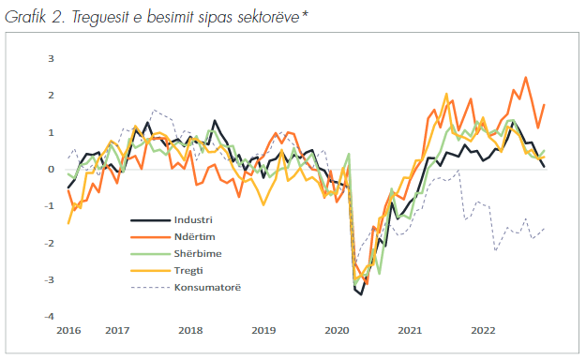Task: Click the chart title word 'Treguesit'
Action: click(108, 12)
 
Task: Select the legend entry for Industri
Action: click(194, 219)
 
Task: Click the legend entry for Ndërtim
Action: click(194, 236)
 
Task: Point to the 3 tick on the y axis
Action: click(52, 59)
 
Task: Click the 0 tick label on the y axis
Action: click(52, 170)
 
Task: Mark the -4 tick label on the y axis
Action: click(50, 317)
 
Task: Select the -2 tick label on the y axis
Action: click(50, 244)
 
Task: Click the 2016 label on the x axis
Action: click(68, 331)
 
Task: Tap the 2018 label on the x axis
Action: click(190, 331)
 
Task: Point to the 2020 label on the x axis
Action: click(337, 331)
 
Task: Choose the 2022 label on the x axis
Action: click(483, 331)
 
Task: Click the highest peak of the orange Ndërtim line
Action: click(525, 78)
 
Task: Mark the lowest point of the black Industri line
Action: click(361, 294)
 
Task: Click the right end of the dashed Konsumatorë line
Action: click(545, 228)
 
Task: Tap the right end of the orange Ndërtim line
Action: click(544, 105)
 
